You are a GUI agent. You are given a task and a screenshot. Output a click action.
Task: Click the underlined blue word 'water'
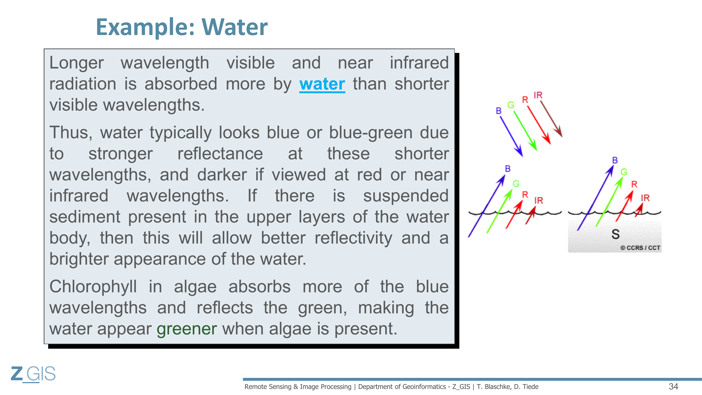pyautogui.click(x=322, y=84)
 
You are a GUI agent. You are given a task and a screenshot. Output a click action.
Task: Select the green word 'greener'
pyautogui.click(x=187, y=329)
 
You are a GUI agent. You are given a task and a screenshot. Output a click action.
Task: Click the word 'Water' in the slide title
pyautogui.click(x=235, y=27)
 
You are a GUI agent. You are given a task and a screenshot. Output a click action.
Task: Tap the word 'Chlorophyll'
pyautogui.click(x=93, y=287)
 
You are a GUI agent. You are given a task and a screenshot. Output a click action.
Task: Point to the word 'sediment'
pyautogui.click(x=85, y=217)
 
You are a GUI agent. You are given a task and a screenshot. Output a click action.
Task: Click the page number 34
pyautogui.click(x=673, y=386)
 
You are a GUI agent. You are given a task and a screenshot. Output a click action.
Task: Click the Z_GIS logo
pyautogui.click(x=33, y=374)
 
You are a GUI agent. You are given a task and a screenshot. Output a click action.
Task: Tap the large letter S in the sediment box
pyautogui.click(x=615, y=234)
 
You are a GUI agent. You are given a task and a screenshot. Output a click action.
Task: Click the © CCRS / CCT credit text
pyautogui.click(x=640, y=248)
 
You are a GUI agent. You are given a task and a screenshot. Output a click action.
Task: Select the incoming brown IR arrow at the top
pyautogui.click(x=551, y=119)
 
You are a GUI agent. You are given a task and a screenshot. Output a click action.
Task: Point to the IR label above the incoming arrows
pyautogui.click(x=538, y=95)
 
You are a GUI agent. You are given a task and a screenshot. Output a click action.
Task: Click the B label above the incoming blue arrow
pyautogui.click(x=499, y=111)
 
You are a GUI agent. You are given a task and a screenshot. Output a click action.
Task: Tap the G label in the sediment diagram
pyautogui.click(x=624, y=172)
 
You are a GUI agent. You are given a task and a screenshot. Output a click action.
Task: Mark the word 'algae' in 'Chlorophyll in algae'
pyautogui.click(x=195, y=287)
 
